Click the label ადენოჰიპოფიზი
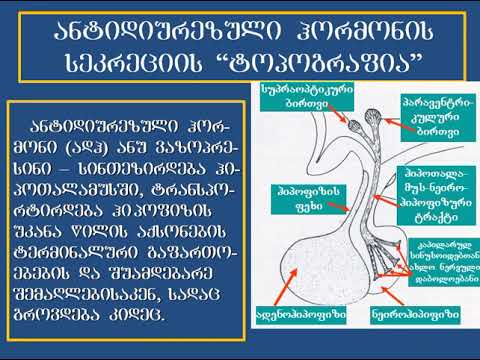pos(304,311)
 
